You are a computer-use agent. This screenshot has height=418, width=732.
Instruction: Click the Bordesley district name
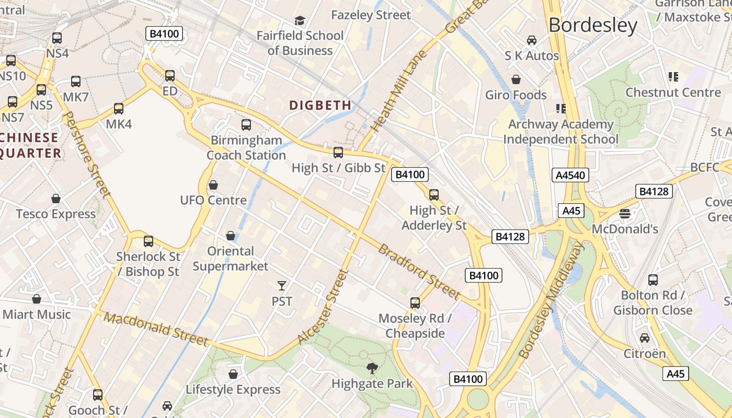pos(593,25)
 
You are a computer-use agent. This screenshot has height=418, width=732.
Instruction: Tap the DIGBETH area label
pos(321,105)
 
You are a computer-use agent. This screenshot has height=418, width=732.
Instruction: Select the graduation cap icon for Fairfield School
pos(300,20)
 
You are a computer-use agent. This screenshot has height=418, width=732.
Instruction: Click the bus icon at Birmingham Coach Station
pos(246,125)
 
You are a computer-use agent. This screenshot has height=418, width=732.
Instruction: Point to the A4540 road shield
pos(570,175)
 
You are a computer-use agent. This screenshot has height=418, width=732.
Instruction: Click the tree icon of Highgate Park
pos(372,368)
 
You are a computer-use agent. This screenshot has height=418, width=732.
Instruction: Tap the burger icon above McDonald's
pos(625,214)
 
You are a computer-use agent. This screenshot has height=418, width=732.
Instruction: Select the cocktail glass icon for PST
pos(282,285)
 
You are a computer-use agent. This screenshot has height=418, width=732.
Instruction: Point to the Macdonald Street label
pos(156,329)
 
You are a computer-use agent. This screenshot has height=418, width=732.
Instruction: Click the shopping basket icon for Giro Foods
pos(516,79)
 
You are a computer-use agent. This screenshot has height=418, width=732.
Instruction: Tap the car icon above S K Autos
pos(532,40)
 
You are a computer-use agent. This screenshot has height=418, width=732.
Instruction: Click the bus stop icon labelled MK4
pos(119,109)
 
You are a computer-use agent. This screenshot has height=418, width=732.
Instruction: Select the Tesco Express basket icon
pos(56,199)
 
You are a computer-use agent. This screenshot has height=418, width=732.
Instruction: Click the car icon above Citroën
pos(645,338)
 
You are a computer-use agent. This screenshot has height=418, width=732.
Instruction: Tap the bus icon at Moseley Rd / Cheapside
pos(415,303)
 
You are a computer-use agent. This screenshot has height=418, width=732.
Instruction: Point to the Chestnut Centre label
pos(673,92)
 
